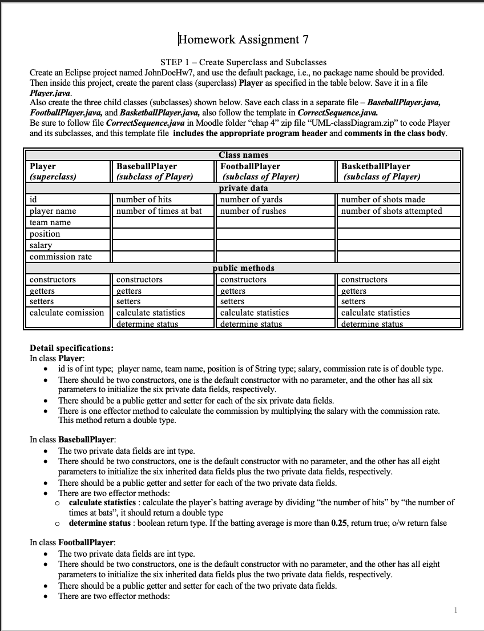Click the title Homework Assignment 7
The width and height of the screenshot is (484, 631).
tap(244, 39)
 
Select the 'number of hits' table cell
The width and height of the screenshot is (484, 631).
tap(144, 199)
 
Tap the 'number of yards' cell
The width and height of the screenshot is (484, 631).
tap(251, 199)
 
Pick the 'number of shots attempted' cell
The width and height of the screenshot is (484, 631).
tap(392, 211)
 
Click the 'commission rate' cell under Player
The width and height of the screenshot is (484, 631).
tap(61, 257)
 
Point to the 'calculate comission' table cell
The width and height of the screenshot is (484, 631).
tap(67, 313)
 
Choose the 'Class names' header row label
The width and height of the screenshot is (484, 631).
tap(243, 155)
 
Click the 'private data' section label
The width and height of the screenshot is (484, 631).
tap(243, 188)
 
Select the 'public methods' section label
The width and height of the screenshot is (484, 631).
tap(243, 268)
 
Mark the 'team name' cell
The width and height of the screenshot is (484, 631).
tap(50, 222)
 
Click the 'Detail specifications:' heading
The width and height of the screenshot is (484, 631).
tap(71, 348)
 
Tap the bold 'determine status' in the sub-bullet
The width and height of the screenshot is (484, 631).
tap(96, 523)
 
